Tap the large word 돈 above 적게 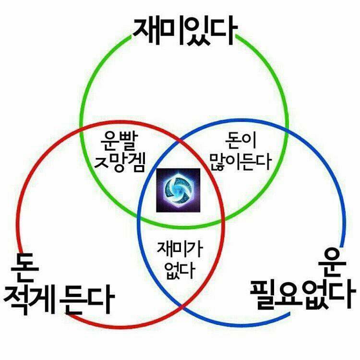point(25,268)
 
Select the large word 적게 point(29,300)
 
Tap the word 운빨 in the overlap point(120,141)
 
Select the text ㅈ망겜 point(120,163)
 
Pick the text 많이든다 point(240,161)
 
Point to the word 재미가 point(180,249)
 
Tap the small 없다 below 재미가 point(180,270)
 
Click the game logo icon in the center point(178,190)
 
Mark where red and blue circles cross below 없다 point(182,307)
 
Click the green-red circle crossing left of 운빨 point(81,129)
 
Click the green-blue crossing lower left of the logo point(139,217)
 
